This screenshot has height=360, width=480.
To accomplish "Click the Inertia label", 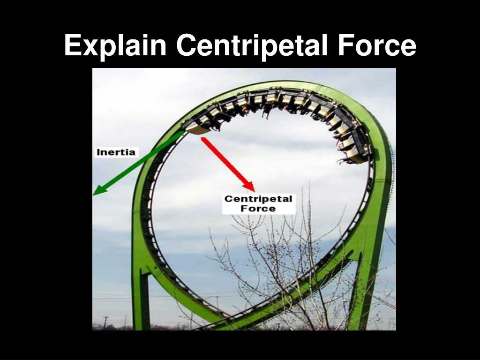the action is click(116, 152).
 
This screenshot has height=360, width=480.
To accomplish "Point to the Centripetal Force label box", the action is click(258, 204).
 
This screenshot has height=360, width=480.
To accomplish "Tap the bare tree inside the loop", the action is click(281, 262).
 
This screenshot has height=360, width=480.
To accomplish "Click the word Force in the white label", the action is click(258, 209).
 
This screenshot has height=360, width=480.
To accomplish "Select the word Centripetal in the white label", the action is click(258, 199).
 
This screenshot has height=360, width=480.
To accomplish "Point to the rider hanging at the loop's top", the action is click(268, 111).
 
